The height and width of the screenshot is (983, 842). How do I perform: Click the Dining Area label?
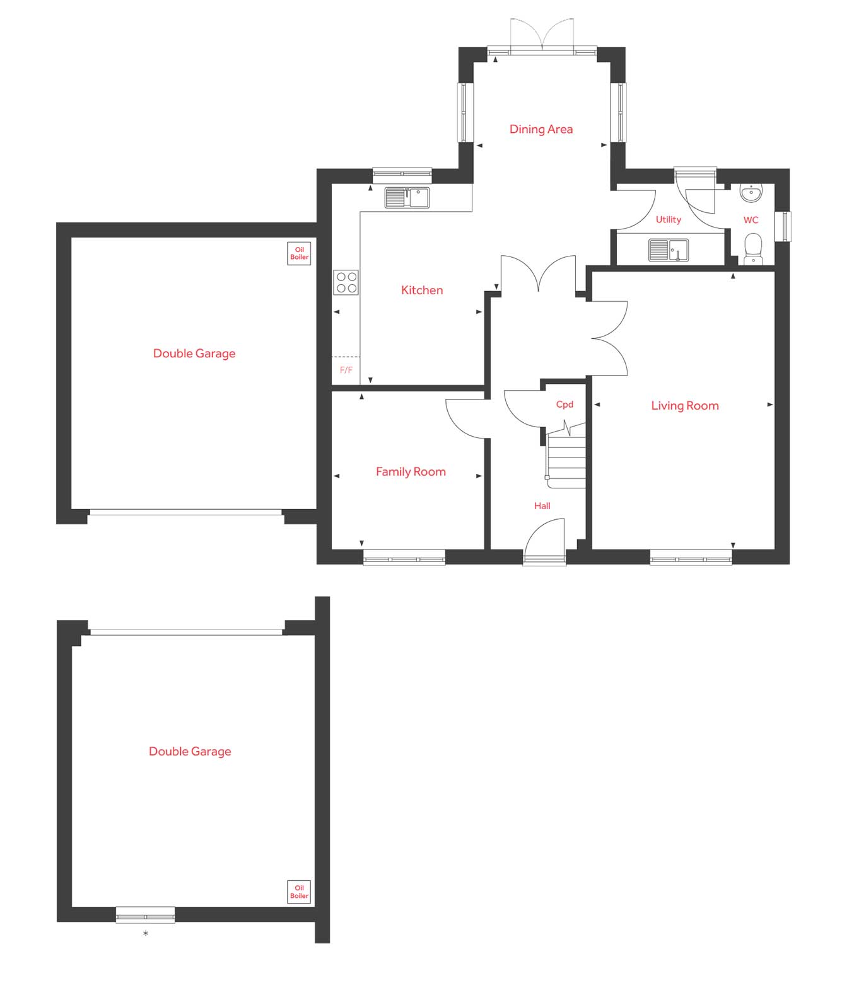[x=541, y=129]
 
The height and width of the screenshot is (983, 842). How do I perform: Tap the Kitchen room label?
[x=422, y=290]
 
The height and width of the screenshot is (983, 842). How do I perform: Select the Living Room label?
[x=684, y=406]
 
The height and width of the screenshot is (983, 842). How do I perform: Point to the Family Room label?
[x=411, y=472]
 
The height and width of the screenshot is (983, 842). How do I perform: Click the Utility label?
[x=668, y=220]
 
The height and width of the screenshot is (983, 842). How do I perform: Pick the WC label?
[x=751, y=220]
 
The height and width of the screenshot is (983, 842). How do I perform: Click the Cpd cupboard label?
[x=564, y=405]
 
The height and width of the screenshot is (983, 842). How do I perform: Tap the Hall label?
[x=542, y=506]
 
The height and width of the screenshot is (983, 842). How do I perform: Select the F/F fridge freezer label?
[x=346, y=371]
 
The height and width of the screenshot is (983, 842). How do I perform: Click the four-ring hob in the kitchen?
[x=346, y=282]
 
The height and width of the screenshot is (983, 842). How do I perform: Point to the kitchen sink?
[x=407, y=198]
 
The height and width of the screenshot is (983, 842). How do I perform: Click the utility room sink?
[x=669, y=250]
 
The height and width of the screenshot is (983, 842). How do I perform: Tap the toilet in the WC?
[x=753, y=249]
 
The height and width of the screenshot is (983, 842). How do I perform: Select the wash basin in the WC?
[x=751, y=193]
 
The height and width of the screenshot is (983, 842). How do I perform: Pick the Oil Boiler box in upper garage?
[x=300, y=253]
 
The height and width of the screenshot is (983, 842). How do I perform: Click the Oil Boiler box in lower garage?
[x=299, y=892]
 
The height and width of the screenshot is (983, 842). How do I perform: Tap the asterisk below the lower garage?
[x=146, y=933]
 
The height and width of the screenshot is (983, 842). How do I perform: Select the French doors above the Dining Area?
[x=542, y=35]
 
